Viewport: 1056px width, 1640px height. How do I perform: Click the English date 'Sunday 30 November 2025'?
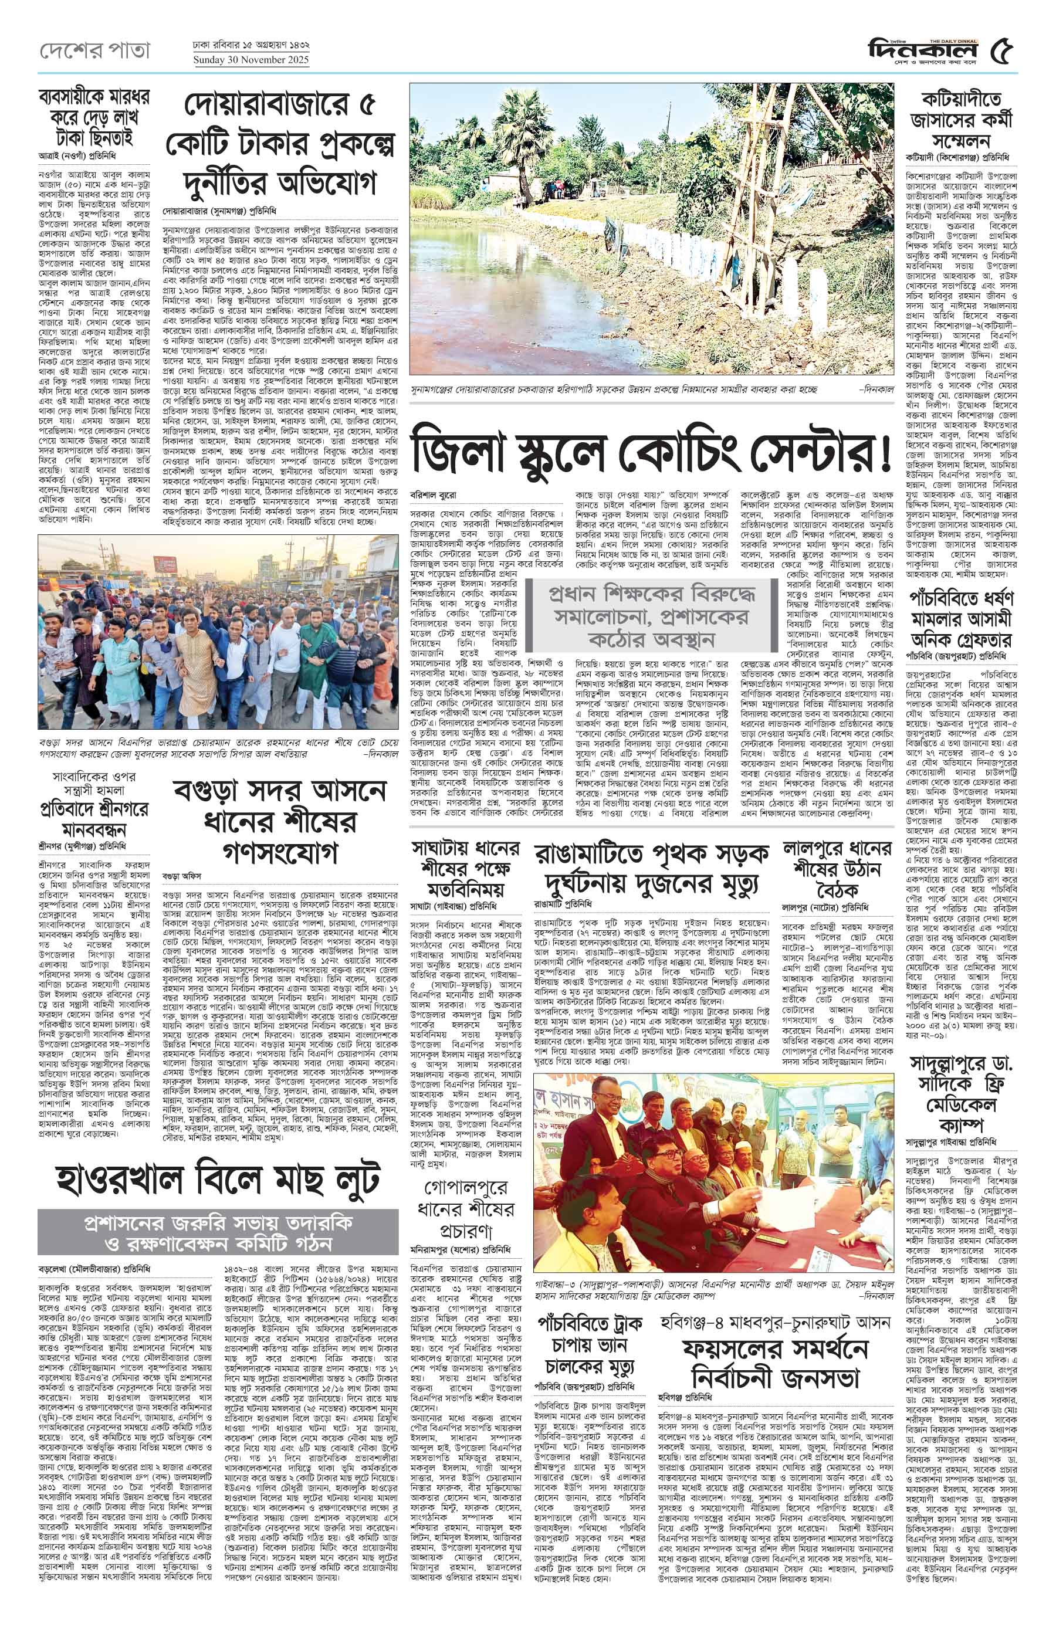[x=251, y=60]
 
